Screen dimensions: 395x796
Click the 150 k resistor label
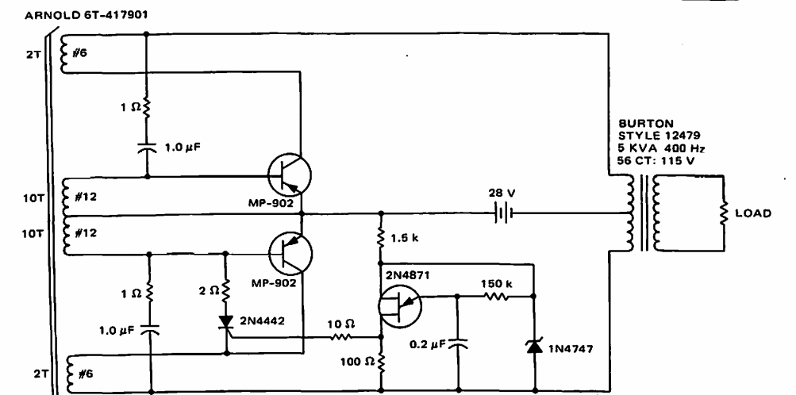[495, 282]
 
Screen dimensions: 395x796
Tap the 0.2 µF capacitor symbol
[459, 343]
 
